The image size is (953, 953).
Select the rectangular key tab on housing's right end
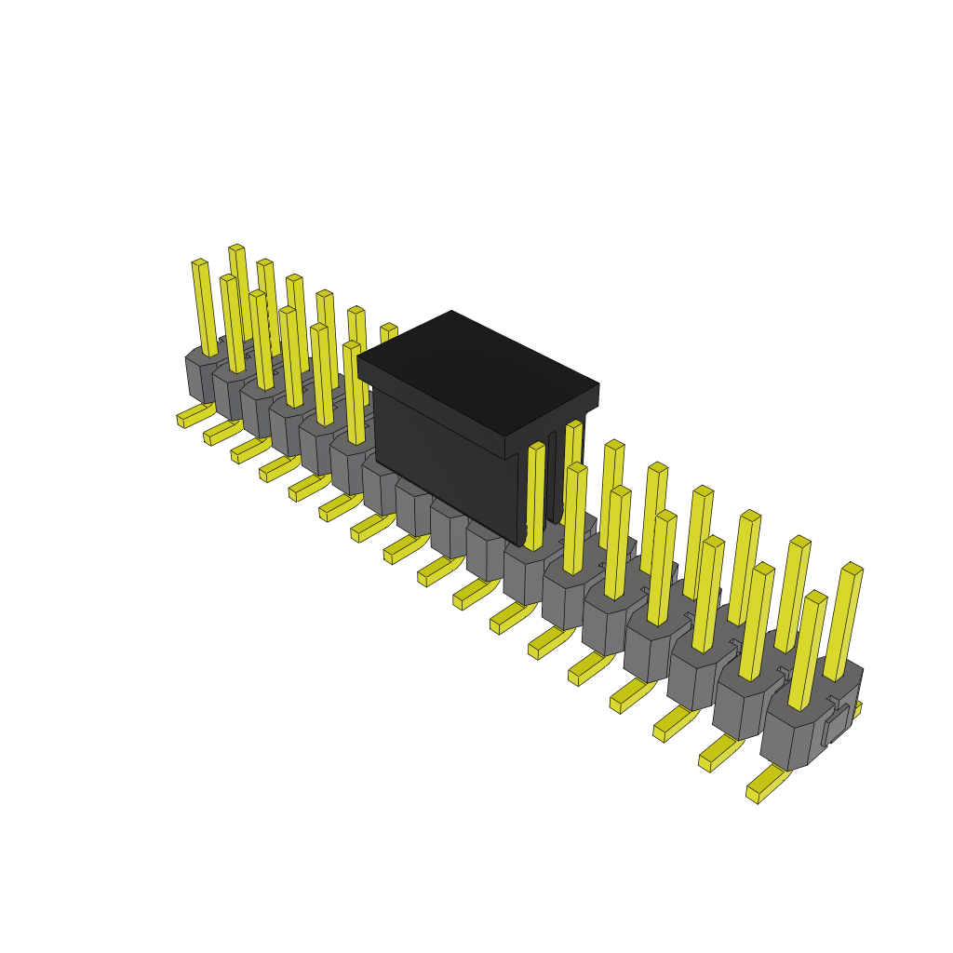click(837, 725)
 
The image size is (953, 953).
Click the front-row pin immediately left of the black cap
click(353, 391)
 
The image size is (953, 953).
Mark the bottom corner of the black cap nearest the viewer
click(520, 544)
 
